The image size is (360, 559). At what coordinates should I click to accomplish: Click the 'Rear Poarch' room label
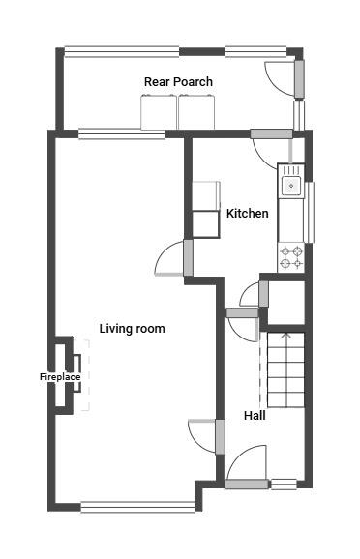tap(178, 82)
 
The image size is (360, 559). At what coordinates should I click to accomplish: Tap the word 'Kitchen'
tap(247, 213)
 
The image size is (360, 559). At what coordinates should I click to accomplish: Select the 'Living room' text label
tap(132, 329)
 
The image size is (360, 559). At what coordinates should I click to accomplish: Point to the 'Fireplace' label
tap(59, 376)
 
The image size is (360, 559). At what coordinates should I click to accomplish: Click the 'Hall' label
tap(255, 415)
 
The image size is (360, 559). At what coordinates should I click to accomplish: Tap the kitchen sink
tap(291, 182)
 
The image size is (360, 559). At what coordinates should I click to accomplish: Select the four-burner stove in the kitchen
tap(291, 256)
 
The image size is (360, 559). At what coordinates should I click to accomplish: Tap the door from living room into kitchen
tap(172, 259)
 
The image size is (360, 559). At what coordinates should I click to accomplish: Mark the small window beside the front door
tap(284, 484)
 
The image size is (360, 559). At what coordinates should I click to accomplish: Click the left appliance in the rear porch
tap(159, 113)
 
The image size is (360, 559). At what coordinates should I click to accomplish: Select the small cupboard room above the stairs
tap(285, 300)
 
